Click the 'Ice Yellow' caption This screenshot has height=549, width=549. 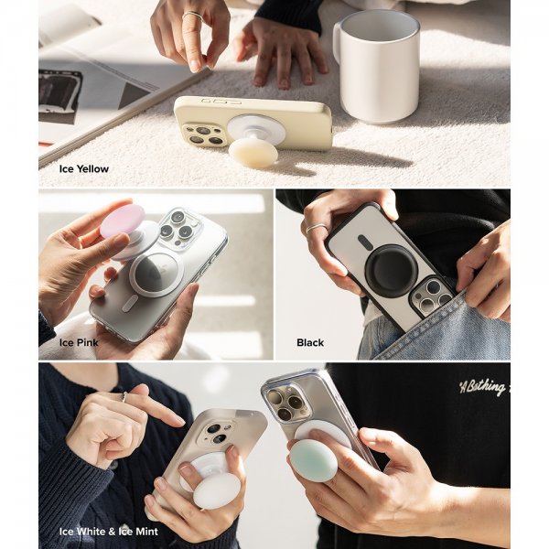pos(84,168)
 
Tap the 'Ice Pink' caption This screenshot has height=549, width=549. pos(79,342)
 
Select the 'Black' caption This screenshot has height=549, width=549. pos(310,342)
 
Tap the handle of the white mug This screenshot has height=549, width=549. pos(339,55)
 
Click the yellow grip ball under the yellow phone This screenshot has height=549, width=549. pos(253,152)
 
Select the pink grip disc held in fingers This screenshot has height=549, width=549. pos(123,221)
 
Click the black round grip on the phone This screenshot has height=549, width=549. pos(391,269)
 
